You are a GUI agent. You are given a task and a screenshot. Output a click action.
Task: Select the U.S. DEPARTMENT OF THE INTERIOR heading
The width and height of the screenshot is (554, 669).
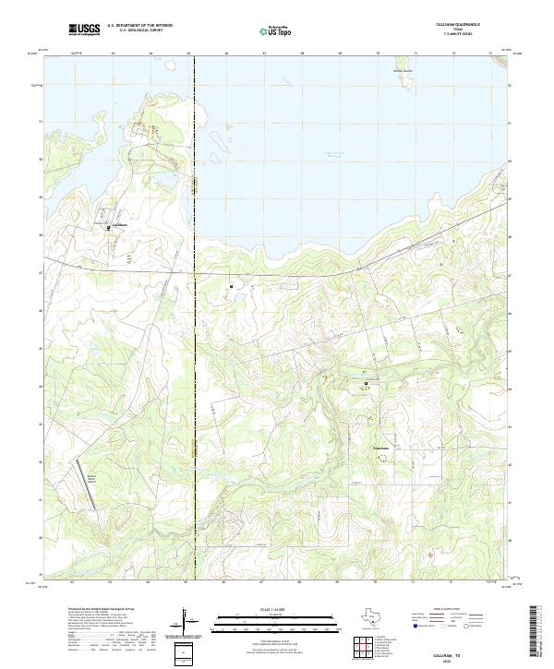coord(139,26)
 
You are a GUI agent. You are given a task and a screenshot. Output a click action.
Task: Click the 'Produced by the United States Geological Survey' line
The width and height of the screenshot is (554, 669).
coord(102,609)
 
